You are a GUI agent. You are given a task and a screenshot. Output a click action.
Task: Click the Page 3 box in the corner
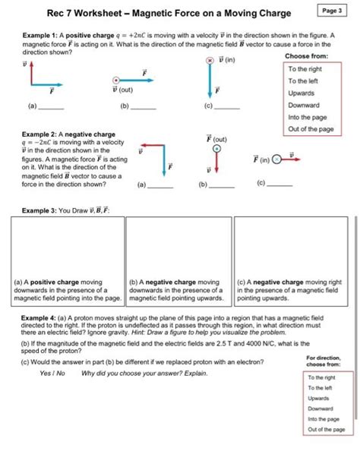coord(331,11)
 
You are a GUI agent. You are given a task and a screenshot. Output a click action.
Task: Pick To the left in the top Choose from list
coord(302,81)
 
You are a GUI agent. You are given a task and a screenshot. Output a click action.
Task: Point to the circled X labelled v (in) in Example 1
coord(209,60)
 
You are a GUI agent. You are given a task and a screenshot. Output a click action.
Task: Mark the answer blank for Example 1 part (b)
coord(144,108)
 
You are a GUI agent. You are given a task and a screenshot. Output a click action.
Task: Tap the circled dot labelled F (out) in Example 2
coord(216,150)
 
